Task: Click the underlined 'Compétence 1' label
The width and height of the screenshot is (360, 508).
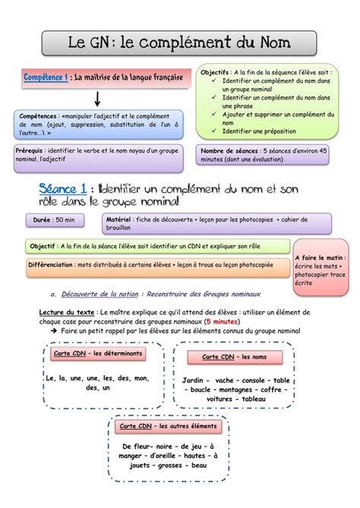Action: tap(46, 77)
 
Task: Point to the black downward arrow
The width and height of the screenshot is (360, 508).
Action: tap(98, 98)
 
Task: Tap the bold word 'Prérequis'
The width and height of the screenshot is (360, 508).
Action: tap(30, 151)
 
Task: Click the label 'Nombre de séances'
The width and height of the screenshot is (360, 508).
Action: tap(229, 151)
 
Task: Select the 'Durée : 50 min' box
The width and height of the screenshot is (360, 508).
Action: tap(53, 220)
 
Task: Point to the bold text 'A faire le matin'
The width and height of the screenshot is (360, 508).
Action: tap(320, 258)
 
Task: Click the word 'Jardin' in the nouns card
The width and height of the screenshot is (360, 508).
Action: tap(196, 380)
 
